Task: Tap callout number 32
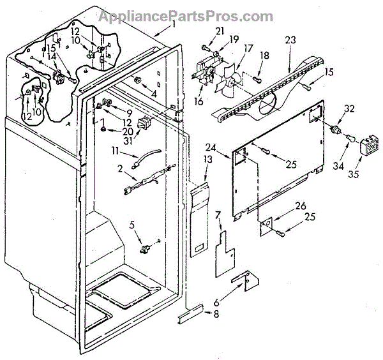click(x=349, y=108)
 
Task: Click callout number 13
click(x=207, y=159)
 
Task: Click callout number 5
click(x=132, y=223)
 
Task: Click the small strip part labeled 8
click(x=191, y=313)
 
